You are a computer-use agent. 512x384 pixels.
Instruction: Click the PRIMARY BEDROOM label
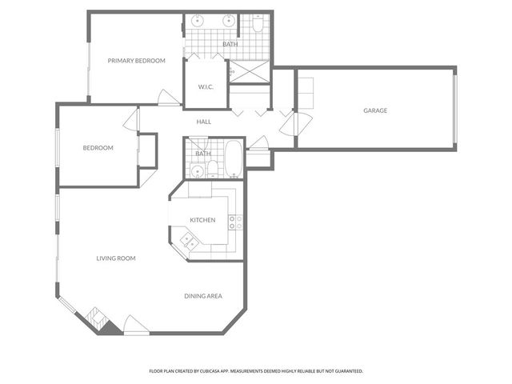[137, 61]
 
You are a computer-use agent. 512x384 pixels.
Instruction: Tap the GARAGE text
[375, 110]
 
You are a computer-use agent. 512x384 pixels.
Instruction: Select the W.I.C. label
[206, 87]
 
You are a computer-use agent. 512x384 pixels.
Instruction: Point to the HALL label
[204, 122]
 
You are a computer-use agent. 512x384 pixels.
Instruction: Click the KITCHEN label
[202, 220]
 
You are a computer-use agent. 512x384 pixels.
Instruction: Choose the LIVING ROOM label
[116, 258]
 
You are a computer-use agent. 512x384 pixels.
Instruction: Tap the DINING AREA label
[203, 297]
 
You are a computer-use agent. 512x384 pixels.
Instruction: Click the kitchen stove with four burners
[235, 222]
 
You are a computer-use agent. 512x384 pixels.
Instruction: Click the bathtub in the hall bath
[233, 159]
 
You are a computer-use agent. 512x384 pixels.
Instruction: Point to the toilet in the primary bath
[258, 25]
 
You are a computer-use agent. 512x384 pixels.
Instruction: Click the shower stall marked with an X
[249, 72]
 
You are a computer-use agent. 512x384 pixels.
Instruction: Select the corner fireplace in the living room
[101, 319]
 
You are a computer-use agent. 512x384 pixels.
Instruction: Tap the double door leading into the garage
[302, 124]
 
